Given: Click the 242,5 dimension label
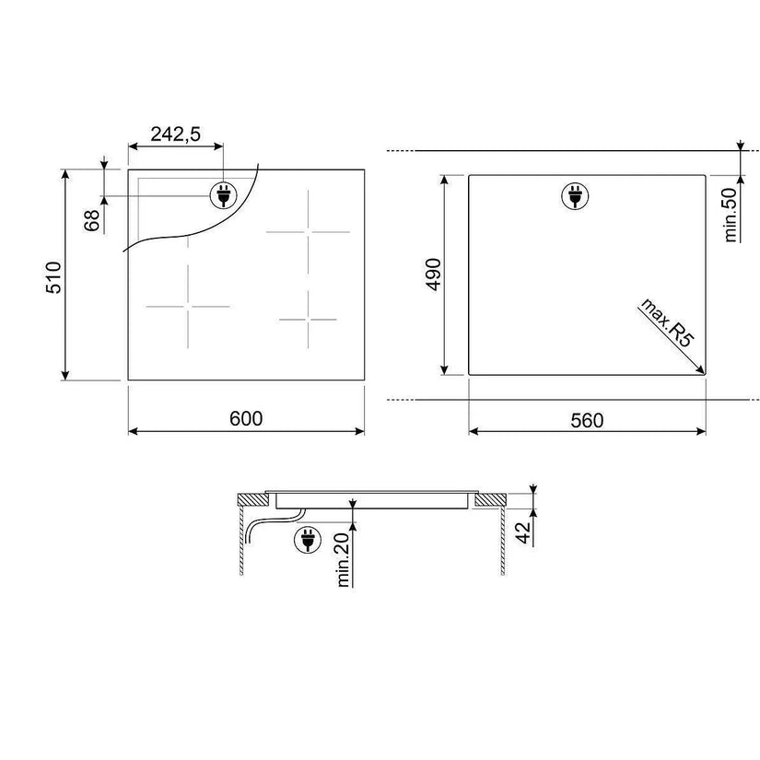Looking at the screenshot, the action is point(175,134).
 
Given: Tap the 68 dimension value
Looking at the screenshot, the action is point(91,220).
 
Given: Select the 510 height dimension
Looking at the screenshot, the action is point(53,277).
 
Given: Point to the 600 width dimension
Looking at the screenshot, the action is point(246,419).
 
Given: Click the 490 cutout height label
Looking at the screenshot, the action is point(433,275).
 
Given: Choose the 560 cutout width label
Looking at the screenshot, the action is point(587,420).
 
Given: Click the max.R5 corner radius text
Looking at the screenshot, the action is point(668,322).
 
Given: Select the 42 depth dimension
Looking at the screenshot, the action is point(523,533).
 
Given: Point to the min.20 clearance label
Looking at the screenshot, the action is point(343,560).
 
